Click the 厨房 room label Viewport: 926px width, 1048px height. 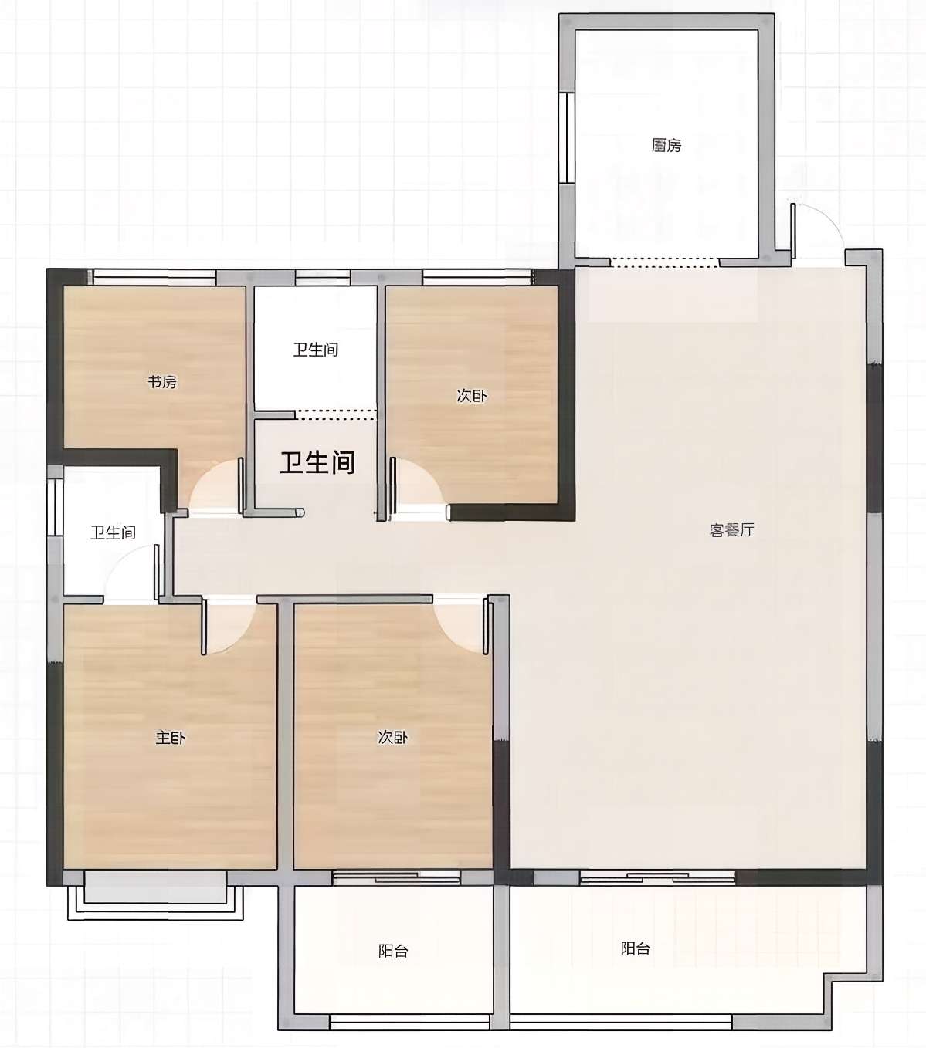click(x=667, y=145)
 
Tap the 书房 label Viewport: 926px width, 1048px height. click(x=162, y=382)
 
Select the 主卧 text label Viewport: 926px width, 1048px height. click(x=170, y=737)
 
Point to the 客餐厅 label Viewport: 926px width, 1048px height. click(x=731, y=530)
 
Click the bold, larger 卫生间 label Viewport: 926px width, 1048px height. click(x=318, y=462)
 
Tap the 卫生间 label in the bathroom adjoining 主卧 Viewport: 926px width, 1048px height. click(x=113, y=532)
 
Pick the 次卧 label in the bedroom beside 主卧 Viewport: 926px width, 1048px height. click(x=392, y=737)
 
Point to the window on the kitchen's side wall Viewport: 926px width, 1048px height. click(x=568, y=138)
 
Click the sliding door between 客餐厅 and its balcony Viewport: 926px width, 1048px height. click(x=657, y=877)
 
